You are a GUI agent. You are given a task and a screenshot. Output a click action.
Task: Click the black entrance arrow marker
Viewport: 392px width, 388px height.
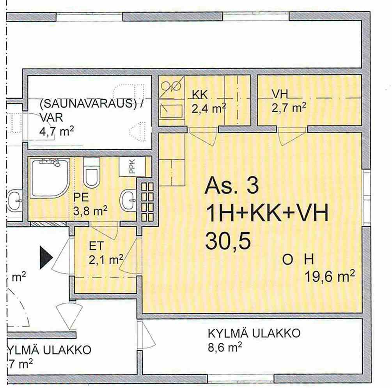click(x=46, y=257)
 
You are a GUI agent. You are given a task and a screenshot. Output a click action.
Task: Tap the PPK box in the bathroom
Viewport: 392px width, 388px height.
click(x=132, y=166)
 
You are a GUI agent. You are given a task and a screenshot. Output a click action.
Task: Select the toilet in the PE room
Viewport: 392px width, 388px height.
click(x=92, y=173)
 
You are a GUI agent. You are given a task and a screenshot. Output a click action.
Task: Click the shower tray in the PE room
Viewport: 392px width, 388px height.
click(x=50, y=178)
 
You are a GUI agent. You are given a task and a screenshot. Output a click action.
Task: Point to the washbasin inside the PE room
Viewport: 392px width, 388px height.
click(x=128, y=200)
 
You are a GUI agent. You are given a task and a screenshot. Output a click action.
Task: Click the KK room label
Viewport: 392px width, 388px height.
click(x=200, y=95)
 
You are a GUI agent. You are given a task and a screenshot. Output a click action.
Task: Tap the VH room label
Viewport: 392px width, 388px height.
click(x=280, y=94)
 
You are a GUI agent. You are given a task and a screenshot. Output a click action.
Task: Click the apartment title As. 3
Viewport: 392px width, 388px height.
click(x=232, y=185)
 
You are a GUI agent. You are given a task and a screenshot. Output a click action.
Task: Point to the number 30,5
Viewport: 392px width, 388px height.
click(x=228, y=241)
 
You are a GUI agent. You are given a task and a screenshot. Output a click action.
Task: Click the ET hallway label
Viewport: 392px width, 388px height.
click(x=96, y=246)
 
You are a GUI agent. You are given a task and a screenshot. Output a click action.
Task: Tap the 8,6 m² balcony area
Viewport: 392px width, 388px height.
click(x=225, y=347)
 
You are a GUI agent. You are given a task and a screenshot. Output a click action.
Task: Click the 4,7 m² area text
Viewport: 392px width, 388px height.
click(x=57, y=131)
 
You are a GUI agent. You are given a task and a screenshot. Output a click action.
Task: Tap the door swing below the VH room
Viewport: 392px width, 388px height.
click(x=291, y=136)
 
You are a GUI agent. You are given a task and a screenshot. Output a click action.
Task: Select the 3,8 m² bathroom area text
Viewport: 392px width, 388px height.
click(x=90, y=211)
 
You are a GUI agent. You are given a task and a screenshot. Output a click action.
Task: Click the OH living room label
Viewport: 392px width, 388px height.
click(x=298, y=260)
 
